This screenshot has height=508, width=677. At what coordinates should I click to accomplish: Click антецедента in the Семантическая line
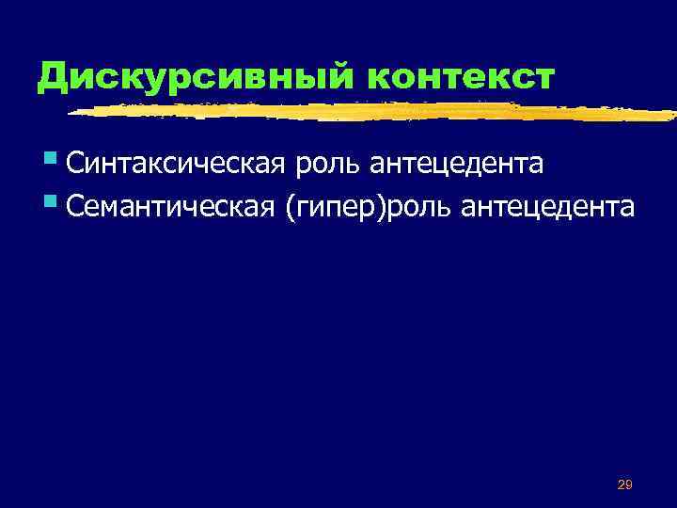(548, 207)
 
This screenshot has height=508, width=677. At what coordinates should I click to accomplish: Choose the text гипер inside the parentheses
(328, 209)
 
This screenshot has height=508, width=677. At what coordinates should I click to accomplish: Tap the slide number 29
(623, 484)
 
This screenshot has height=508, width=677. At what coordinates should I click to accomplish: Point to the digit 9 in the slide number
(628, 484)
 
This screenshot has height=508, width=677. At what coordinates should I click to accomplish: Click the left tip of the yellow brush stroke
(70, 113)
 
